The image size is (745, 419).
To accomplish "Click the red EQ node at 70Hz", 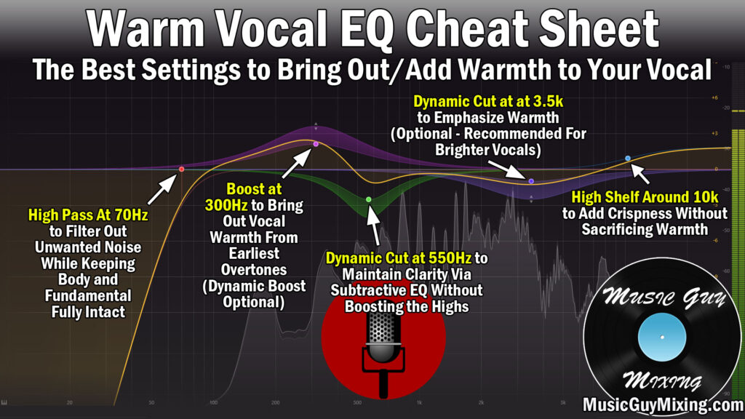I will click(181, 169).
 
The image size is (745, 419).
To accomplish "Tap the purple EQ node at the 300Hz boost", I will click(316, 144).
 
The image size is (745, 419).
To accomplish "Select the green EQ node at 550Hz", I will click(369, 199).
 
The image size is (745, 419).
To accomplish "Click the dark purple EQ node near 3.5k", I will click(531, 181).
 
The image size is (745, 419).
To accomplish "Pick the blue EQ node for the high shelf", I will click(628, 158).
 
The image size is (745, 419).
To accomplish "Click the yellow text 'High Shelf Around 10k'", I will click(644, 197).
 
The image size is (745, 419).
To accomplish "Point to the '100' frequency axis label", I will click(212, 402).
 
